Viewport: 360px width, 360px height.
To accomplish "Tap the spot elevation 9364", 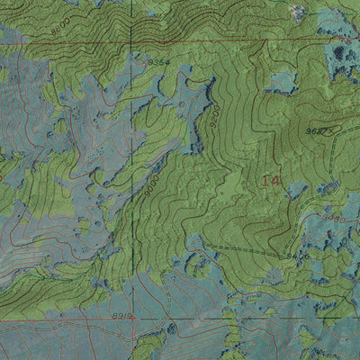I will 157,61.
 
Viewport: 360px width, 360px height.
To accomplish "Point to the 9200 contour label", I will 214,115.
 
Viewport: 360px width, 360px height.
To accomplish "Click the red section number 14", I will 271,181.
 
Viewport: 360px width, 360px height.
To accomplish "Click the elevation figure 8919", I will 123,316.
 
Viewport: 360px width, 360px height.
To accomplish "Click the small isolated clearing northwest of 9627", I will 281,82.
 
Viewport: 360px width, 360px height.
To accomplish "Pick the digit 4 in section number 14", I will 275,181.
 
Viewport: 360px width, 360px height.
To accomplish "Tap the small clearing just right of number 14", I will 298,191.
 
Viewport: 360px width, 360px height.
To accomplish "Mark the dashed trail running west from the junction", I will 243,249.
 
